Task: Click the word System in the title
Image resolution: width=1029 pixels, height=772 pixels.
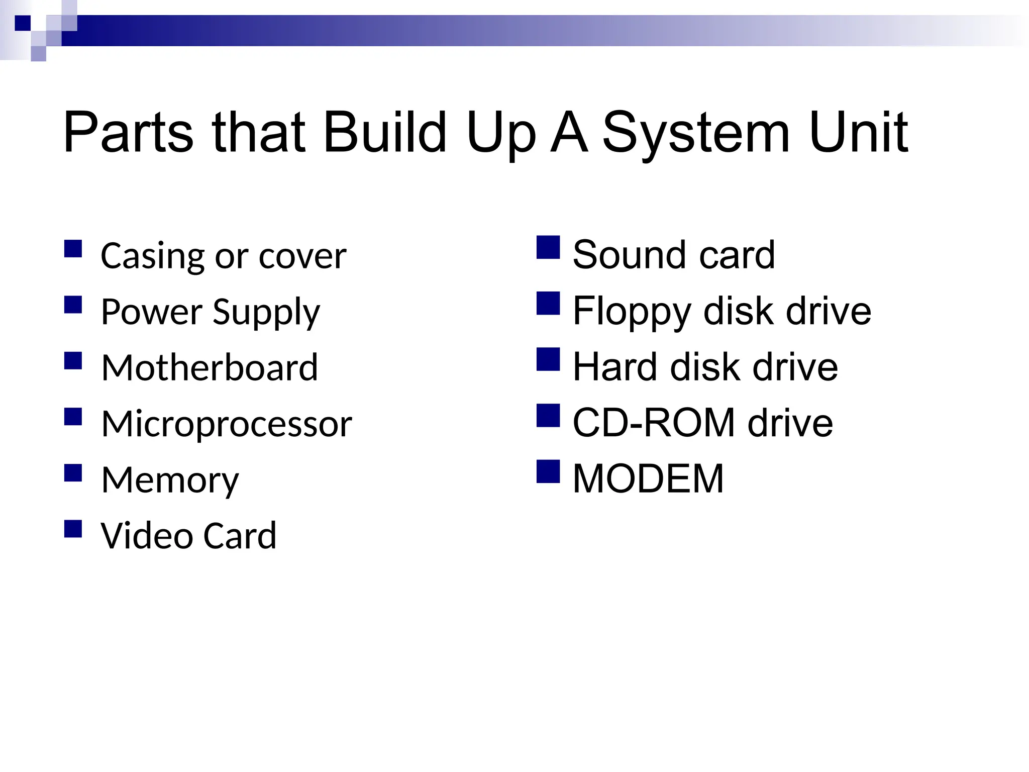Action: (x=695, y=133)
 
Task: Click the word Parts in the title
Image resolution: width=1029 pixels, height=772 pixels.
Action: (x=128, y=133)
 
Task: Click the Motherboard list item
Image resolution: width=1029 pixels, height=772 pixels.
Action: (x=210, y=367)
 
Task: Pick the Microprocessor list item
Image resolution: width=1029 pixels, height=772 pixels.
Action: (x=227, y=424)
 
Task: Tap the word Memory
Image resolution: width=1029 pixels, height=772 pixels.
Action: (x=170, y=480)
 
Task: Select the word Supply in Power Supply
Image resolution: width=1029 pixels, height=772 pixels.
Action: (x=266, y=313)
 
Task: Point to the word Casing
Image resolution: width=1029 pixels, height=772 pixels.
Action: (x=151, y=256)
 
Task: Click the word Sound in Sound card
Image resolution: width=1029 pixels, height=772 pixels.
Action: (x=630, y=255)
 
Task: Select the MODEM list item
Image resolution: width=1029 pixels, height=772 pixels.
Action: (x=648, y=479)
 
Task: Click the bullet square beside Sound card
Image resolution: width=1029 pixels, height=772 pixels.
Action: (x=548, y=247)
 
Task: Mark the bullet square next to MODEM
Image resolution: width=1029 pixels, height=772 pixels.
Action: (x=548, y=471)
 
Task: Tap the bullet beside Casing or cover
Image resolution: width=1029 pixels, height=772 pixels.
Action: (x=73, y=249)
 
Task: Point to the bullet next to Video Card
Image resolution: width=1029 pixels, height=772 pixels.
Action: (x=73, y=529)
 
